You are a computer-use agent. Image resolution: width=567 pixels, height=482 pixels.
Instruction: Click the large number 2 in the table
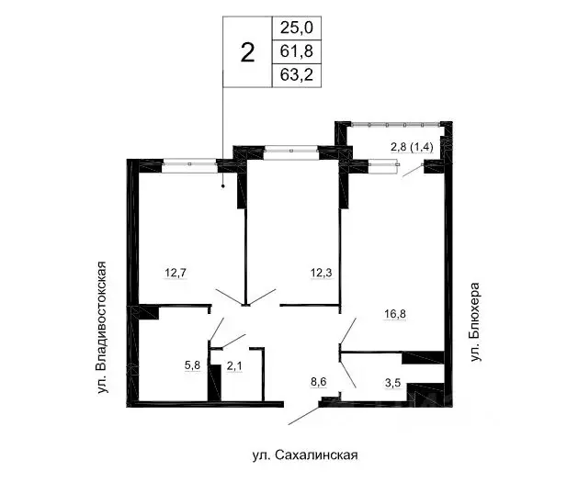pos(246,52)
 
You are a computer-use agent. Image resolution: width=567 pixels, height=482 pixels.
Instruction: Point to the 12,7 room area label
pos(178,273)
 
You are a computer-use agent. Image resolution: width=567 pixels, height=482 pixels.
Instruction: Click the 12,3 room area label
pos(322,273)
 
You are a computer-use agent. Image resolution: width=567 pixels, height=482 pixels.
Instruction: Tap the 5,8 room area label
pos(193,364)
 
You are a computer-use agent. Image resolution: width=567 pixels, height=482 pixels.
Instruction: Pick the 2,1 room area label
pos(235,364)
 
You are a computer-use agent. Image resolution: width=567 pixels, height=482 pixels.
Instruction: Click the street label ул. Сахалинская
pos(303,454)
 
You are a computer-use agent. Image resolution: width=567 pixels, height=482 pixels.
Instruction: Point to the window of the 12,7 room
pos(190,163)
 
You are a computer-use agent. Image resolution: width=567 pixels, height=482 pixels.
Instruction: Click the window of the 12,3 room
pos(287,148)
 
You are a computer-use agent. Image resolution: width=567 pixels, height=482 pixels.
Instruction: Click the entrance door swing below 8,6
pos(308,414)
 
